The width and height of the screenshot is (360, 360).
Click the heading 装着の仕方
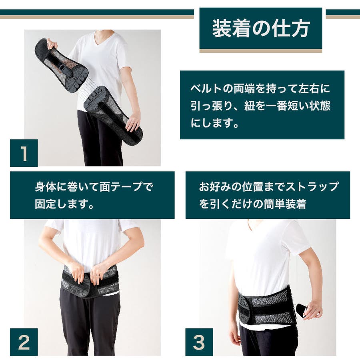pos(261,28)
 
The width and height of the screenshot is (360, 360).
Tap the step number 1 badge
pos(24,153)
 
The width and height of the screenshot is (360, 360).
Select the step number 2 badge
pos(24,342)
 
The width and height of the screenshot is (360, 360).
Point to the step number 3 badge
pos(199,342)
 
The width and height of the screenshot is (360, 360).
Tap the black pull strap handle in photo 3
pos(302,310)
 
